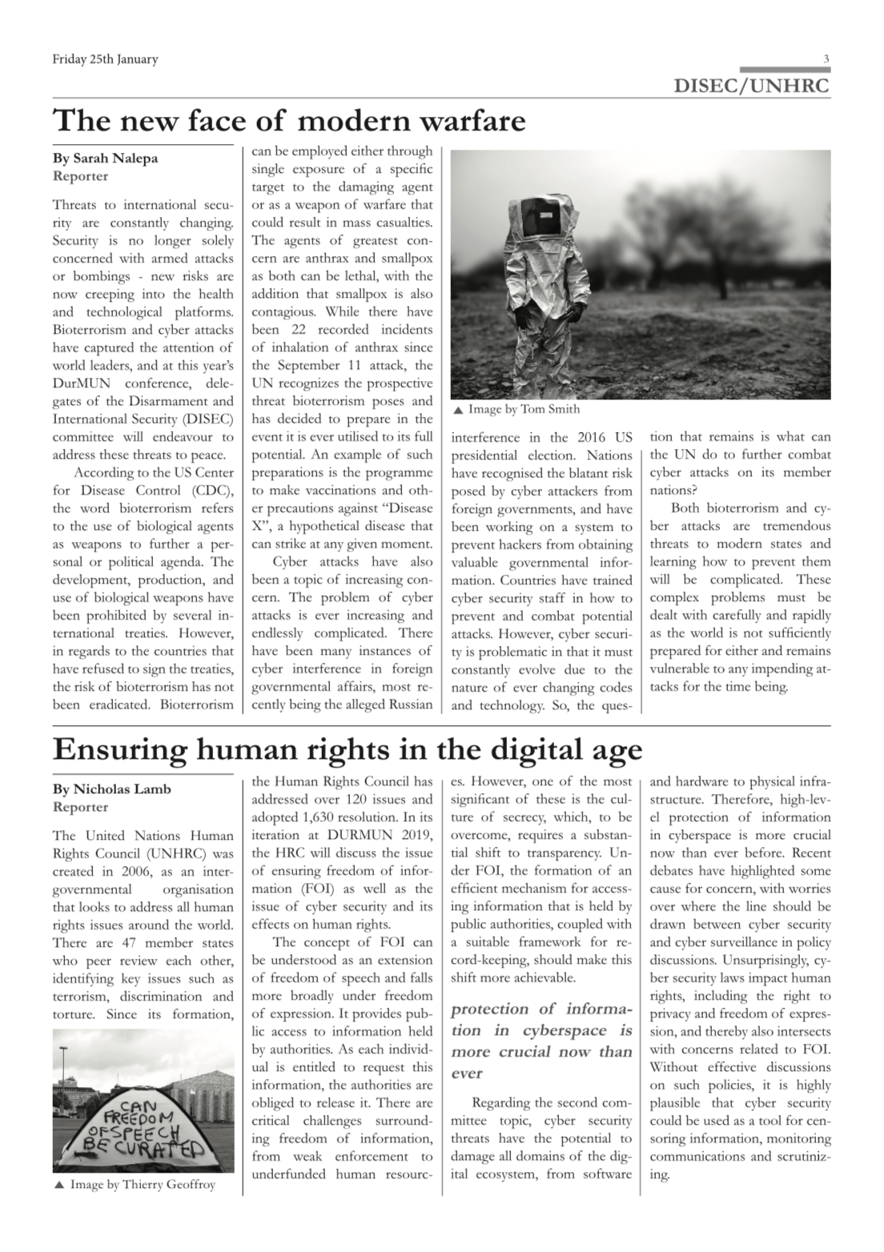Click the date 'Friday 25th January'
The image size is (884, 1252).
105,59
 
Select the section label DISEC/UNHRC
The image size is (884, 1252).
752,85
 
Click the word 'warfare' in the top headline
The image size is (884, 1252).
469,121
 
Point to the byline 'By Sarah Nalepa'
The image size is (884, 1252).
105,158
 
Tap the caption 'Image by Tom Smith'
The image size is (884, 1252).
524,410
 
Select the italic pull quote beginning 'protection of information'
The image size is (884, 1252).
541,1041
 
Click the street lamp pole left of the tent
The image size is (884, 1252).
62,1073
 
